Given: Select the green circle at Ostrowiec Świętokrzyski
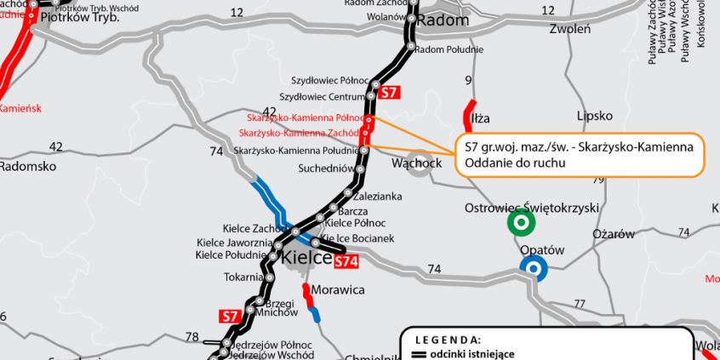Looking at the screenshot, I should [520, 223].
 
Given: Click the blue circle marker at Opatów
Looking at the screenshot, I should [534, 270].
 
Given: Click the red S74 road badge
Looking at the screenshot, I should [346, 263].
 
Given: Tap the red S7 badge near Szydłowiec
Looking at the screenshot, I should [388, 93].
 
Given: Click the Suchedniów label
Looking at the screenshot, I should [326, 169].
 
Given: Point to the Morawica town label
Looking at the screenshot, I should [338, 290].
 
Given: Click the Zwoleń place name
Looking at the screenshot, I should [570, 29].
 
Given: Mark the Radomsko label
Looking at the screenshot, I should [27, 166].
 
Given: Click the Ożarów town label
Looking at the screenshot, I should [614, 234].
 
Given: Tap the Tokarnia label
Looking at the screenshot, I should [244, 277].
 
